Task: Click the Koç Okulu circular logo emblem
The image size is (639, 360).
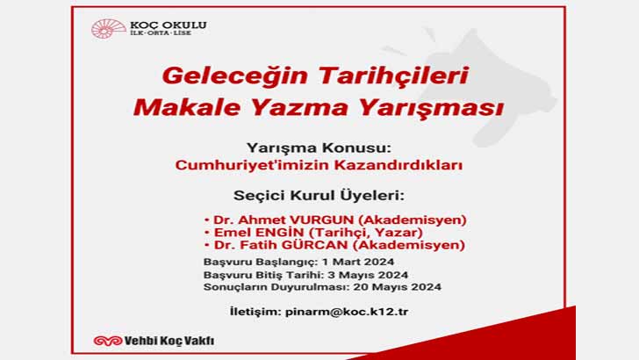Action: (103, 30)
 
